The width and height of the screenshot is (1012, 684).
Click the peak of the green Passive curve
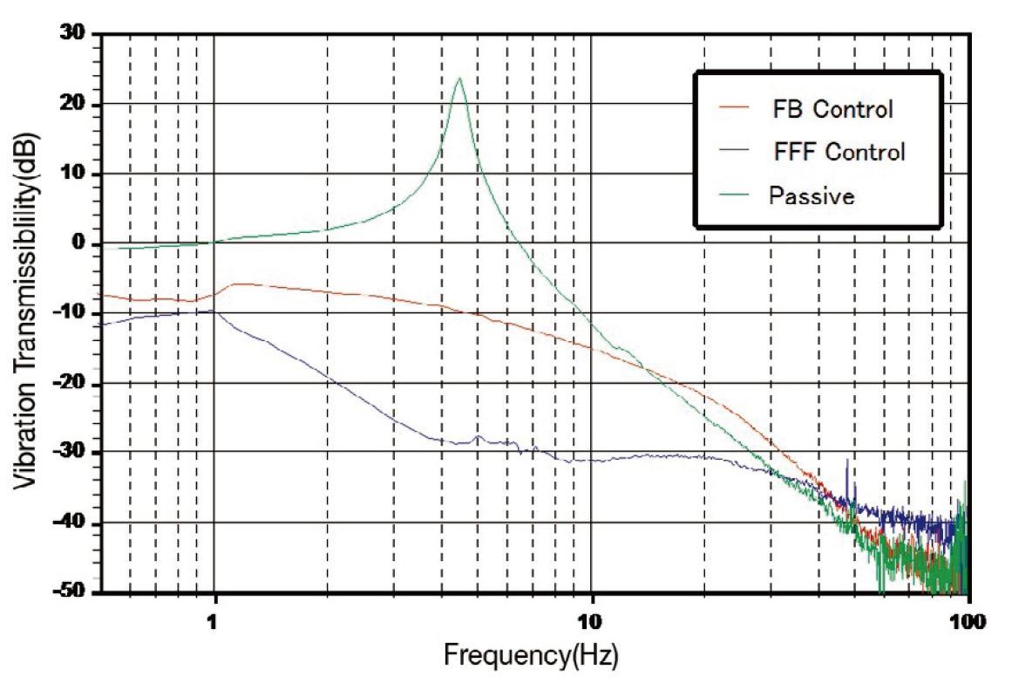(x=458, y=79)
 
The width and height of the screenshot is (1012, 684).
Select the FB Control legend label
(x=832, y=110)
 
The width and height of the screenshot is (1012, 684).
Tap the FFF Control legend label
(x=839, y=152)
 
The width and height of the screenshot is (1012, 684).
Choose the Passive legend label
(x=812, y=195)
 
